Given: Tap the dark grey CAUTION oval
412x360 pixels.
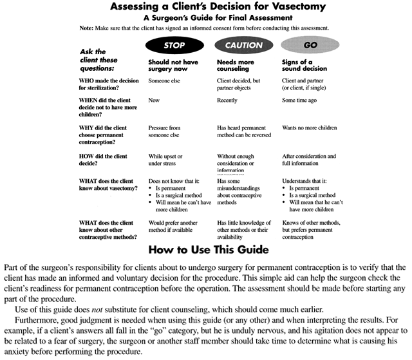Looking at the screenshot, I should point(244,45).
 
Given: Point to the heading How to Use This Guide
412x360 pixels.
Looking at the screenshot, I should point(205,249).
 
